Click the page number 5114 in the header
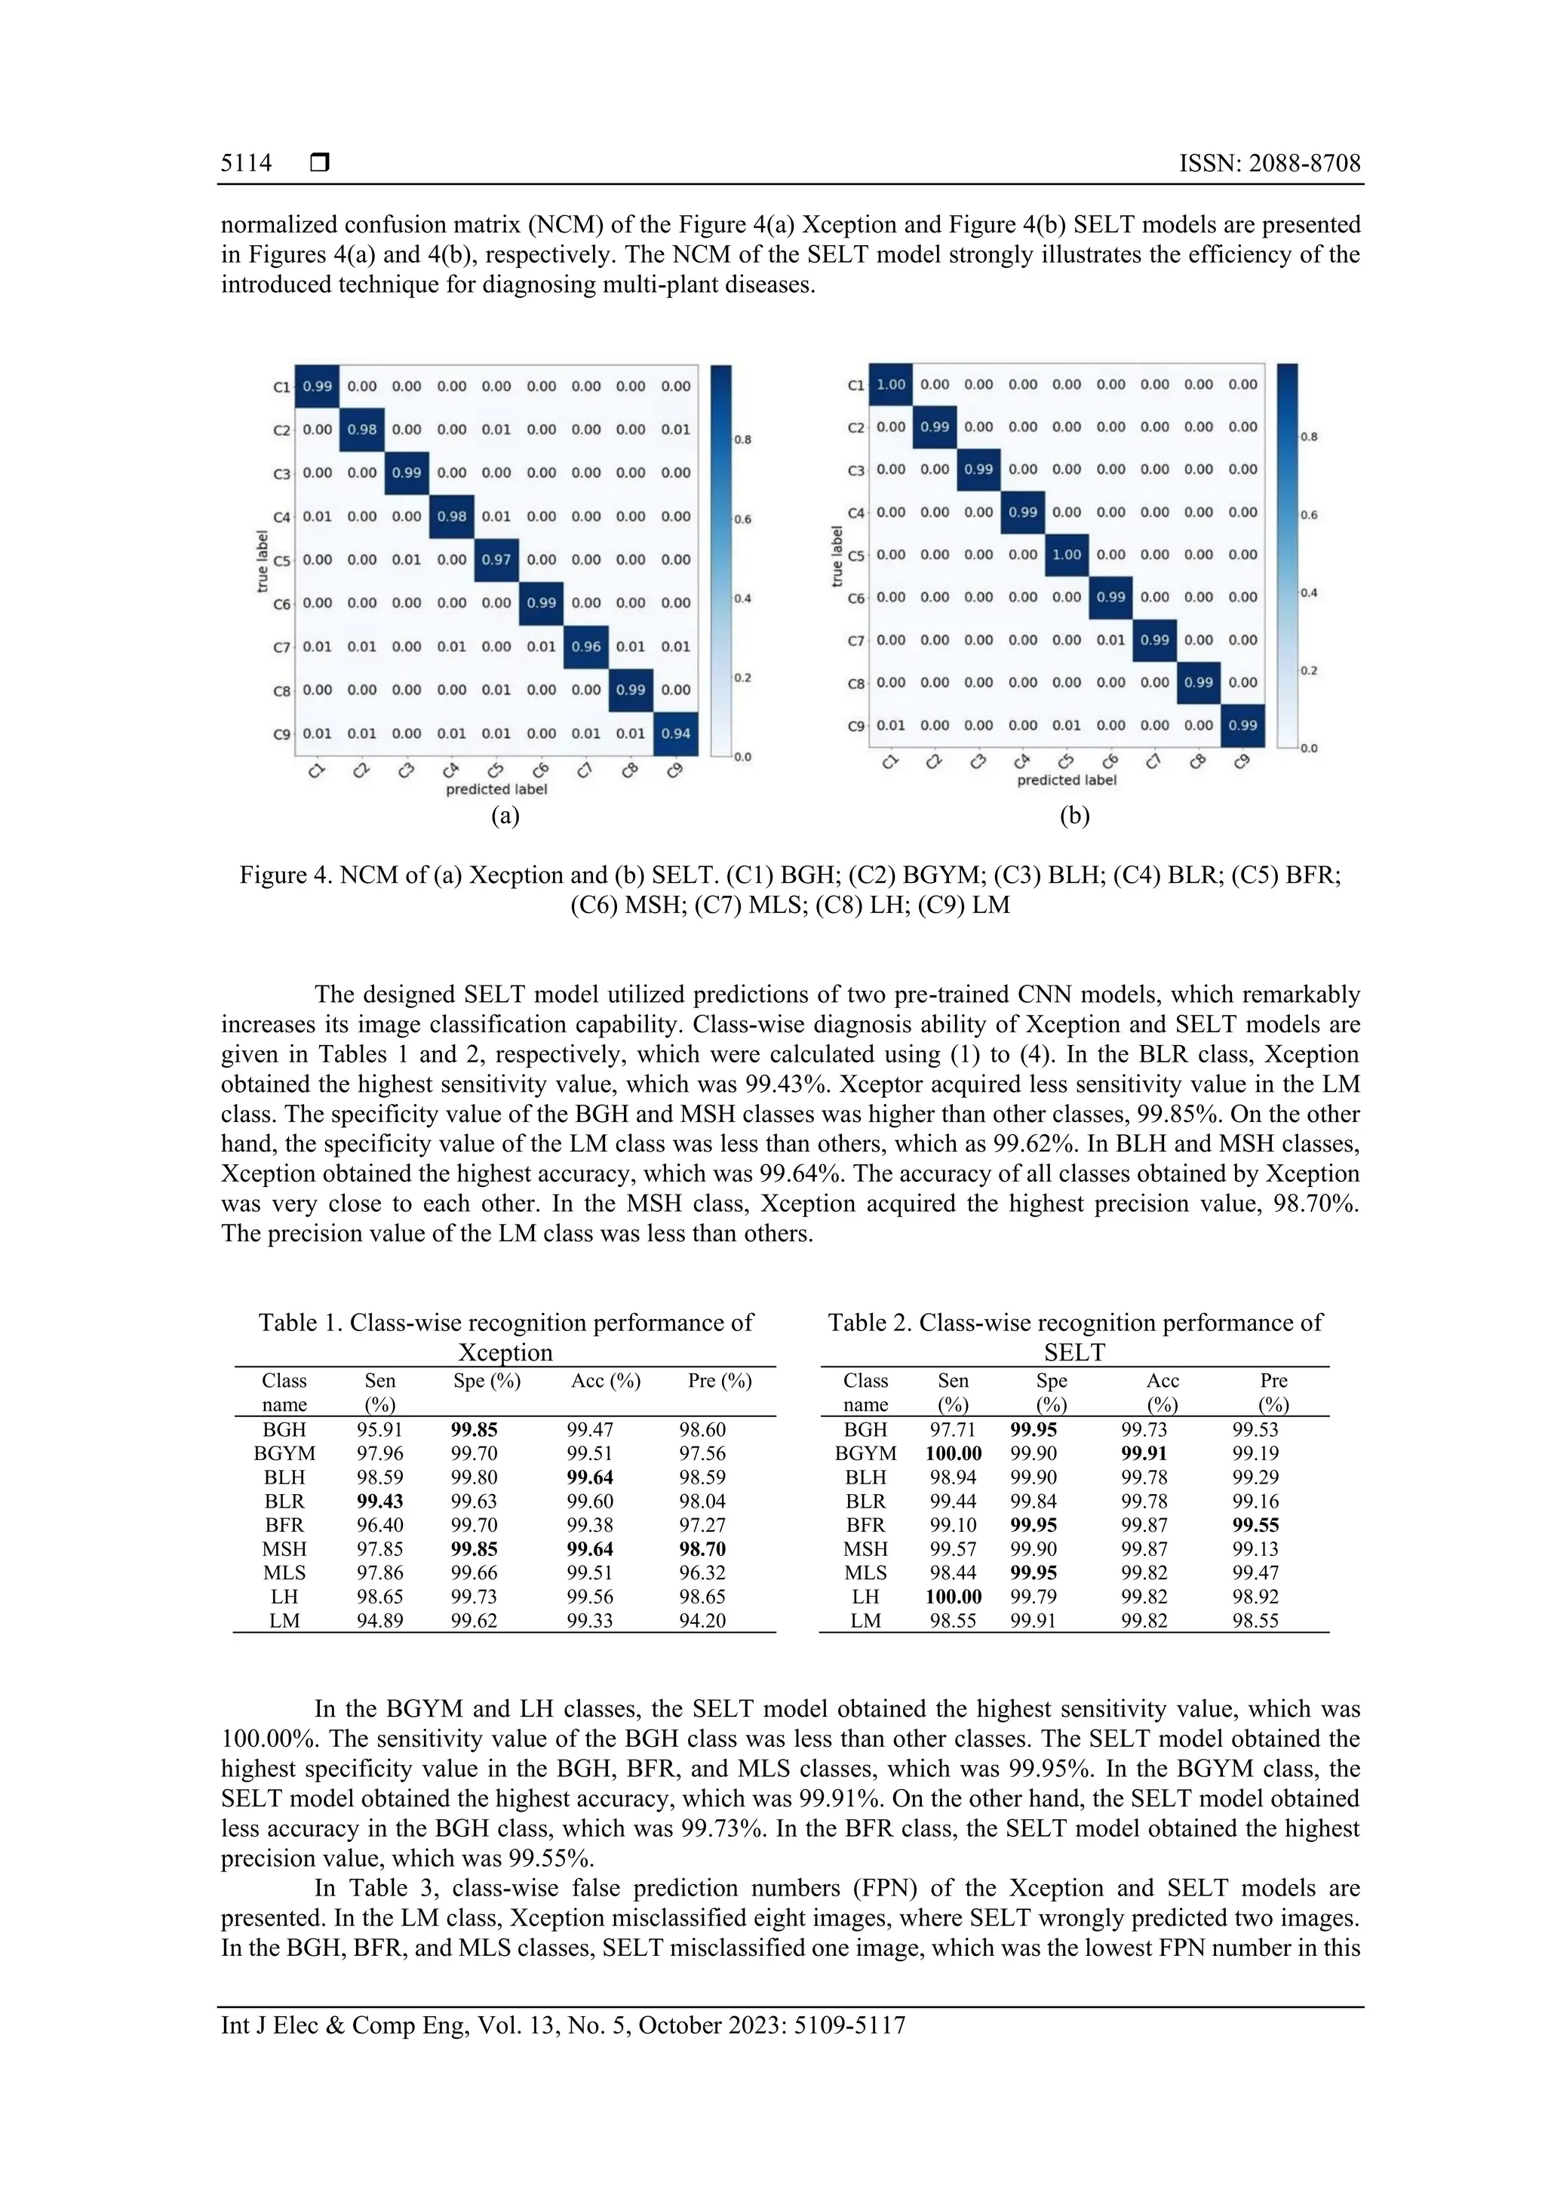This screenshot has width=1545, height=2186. [x=246, y=164]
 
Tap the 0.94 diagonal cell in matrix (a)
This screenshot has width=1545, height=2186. [x=676, y=733]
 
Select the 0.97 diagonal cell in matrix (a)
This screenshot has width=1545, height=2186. [x=496, y=560]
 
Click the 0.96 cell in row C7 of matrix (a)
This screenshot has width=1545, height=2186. [x=586, y=647]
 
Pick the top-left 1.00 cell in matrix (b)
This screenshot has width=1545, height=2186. [x=891, y=385]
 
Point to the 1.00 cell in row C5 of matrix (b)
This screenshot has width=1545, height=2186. [x=1066, y=554]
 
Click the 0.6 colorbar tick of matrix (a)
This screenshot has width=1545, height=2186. [x=742, y=520]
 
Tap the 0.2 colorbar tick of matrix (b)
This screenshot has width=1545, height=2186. [x=1309, y=672]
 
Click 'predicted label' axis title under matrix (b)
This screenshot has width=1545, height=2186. [x=1066, y=779]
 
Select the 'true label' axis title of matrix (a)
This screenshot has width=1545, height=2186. [x=263, y=561]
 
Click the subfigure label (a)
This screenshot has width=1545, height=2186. [x=505, y=815]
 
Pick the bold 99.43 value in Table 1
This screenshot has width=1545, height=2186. [x=379, y=1502]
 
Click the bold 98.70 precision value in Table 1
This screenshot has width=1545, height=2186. [x=702, y=1549]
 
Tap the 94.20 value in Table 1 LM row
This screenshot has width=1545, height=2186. [x=702, y=1621]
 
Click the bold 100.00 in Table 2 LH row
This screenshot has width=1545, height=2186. [x=953, y=1597]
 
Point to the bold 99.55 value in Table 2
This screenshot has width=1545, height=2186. [x=1255, y=1525]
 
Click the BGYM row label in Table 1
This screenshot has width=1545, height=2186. [x=284, y=1454]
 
